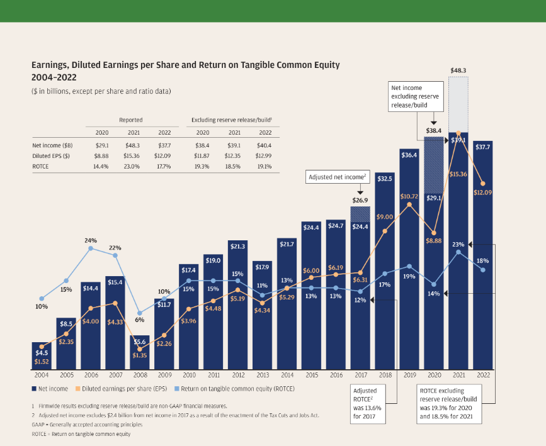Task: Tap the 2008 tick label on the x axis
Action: tap(140, 375)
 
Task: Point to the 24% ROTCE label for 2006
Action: tap(90, 241)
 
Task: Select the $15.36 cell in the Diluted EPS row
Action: tap(132, 155)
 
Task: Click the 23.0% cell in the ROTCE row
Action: tap(132, 166)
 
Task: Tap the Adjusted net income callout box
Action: tap(335, 177)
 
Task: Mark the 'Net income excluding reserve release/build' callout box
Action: tap(415, 96)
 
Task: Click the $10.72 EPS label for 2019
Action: tap(409, 197)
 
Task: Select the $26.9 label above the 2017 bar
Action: tap(360, 200)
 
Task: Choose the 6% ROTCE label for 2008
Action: tap(140, 320)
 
